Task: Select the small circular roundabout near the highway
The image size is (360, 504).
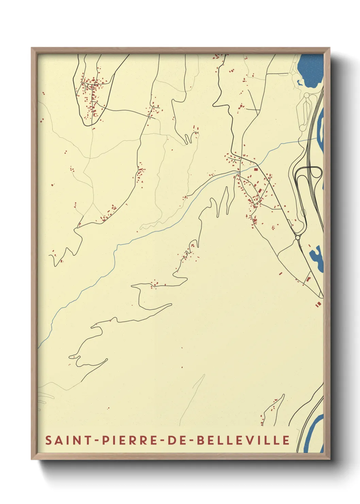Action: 298,237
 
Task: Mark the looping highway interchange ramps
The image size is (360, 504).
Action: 308,175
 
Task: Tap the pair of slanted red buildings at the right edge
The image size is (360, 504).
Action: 318,304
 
